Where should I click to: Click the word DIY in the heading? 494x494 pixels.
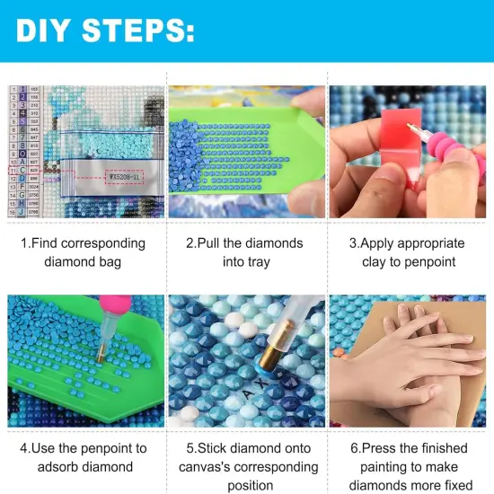pyautogui.click(x=42, y=31)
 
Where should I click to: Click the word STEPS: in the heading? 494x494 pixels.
pyautogui.click(x=138, y=31)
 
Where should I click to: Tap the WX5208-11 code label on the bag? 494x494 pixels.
pyautogui.click(x=124, y=177)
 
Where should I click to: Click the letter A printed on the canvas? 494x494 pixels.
pyautogui.click(x=248, y=394)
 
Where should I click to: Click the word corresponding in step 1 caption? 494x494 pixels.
pyautogui.click(x=103, y=243)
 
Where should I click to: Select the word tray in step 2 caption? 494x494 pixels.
pyautogui.click(x=246, y=261)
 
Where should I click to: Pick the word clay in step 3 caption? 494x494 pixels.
pyautogui.click(x=374, y=261)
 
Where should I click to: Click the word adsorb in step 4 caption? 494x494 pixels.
pyautogui.click(x=57, y=466)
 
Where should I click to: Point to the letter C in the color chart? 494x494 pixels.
pyautogui.click(x=22, y=171)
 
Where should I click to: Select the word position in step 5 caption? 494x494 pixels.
pyautogui.click(x=251, y=486)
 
